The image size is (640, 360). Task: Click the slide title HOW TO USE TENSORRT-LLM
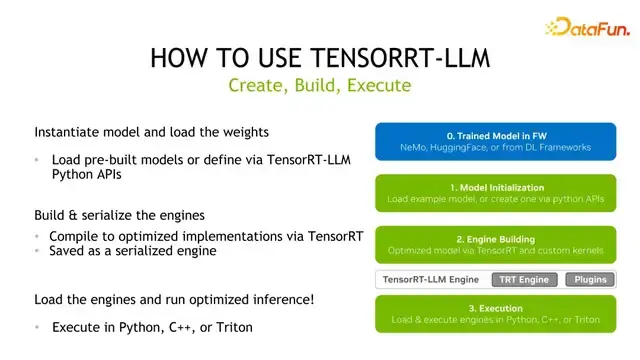point(320,57)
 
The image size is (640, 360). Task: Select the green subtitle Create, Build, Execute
point(320,86)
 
